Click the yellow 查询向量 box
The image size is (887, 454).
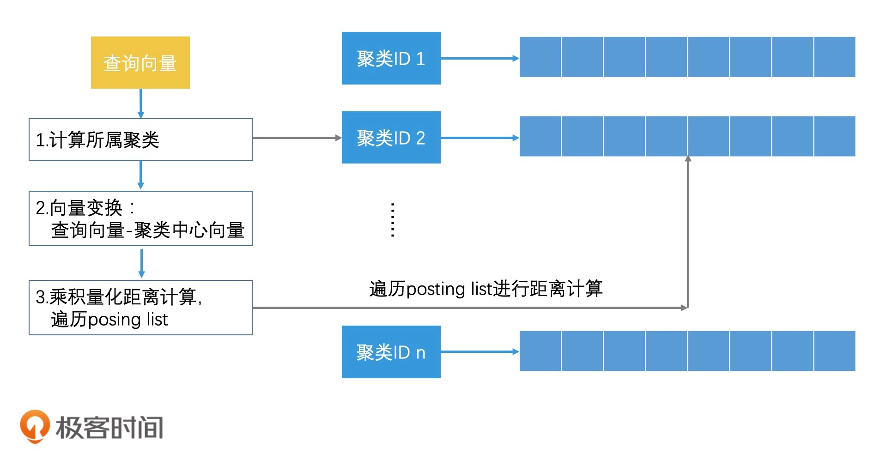tap(140, 63)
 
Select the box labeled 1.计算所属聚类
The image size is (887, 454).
tap(140, 139)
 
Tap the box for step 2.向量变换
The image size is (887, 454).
tap(140, 218)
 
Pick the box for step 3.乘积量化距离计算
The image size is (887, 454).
tap(140, 308)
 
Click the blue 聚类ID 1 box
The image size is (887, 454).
tap(391, 58)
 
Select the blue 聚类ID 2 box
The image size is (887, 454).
tap(391, 138)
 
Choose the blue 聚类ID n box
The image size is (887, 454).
tap(391, 352)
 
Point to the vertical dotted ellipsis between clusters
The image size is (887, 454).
tap(393, 220)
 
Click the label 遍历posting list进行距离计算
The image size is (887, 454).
tap(486, 289)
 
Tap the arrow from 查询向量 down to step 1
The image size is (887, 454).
tap(141, 103)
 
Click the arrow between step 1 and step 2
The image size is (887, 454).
tap(141, 175)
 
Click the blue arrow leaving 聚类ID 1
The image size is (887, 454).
tap(480, 58)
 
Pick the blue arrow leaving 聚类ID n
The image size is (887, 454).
tap(480, 352)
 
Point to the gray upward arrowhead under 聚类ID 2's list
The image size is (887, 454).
tap(688, 159)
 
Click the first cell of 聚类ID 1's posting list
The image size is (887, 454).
tap(540, 57)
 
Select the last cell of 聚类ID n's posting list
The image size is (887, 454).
tap(834, 351)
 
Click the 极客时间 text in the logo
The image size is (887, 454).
tap(109, 427)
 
